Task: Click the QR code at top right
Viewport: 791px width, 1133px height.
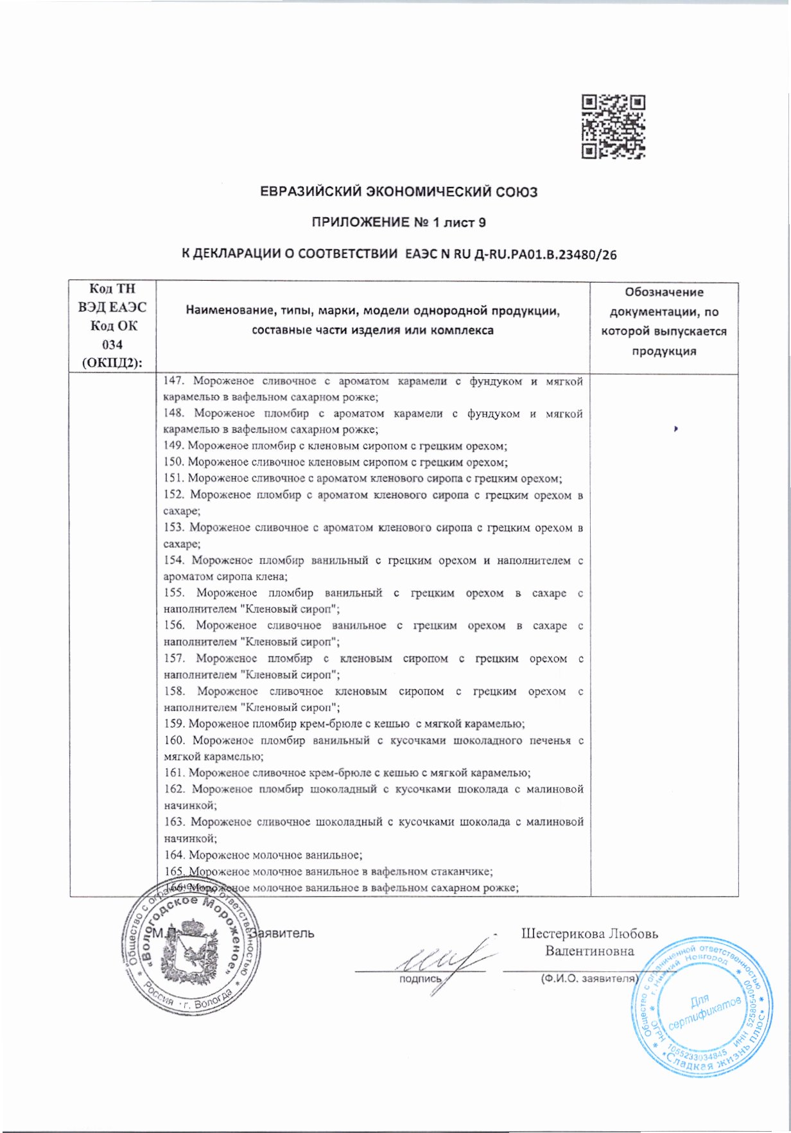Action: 613,127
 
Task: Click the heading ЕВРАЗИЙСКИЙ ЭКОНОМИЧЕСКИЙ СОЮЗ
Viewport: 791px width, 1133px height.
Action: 398,191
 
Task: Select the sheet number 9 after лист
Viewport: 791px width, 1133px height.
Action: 481,223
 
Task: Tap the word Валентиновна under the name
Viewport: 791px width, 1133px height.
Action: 589,951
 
